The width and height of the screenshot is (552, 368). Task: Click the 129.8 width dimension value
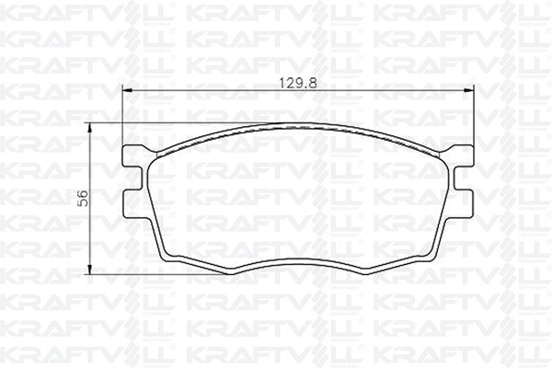[298, 84]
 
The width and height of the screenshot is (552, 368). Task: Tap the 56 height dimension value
[83, 199]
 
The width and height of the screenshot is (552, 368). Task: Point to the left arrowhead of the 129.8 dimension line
[126, 91]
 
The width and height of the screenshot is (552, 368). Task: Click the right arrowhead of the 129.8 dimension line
[468, 91]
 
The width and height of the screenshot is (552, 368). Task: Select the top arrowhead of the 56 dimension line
[90, 128]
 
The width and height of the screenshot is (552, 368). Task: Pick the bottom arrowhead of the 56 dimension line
[90, 270]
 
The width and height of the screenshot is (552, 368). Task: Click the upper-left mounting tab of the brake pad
[133, 155]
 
